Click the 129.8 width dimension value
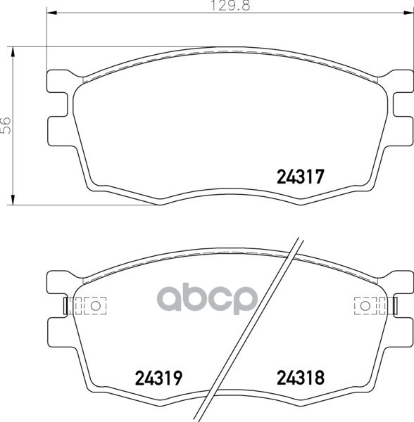[x=230, y=6]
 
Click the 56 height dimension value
[x=6, y=125]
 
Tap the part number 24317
[x=300, y=177]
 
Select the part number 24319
[x=158, y=378]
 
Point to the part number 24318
[x=301, y=378]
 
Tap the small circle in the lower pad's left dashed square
[x=95, y=306]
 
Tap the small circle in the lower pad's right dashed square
[x=365, y=306]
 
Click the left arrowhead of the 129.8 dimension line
[x=52, y=13]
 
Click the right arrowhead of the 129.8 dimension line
[x=408, y=13]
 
